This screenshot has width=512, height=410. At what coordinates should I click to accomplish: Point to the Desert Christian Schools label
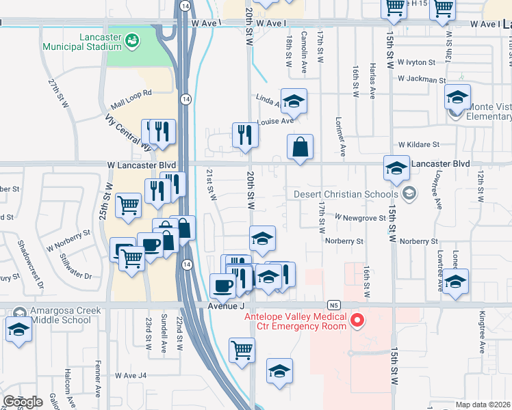tap(346, 194)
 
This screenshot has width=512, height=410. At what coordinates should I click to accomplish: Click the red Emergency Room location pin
tap(357, 320)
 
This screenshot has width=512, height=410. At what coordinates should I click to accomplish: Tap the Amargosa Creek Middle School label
tap(60, 315)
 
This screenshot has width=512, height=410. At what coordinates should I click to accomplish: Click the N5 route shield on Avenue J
tap(333, 305)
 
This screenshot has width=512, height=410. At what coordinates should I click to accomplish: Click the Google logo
tap(22, 401)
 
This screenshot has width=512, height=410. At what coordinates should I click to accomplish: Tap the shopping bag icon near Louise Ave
tap(300, 146)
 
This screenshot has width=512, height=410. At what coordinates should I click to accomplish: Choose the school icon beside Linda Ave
tap(294, 102)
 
